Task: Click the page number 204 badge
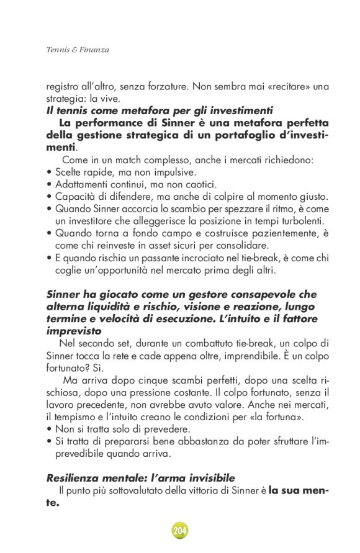[x=180, y=530]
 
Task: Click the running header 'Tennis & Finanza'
[x=78, y=50]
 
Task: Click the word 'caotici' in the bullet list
[x=198, y=184]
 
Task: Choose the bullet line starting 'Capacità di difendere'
[x=186, y=197]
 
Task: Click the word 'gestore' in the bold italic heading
[x=211, y=294]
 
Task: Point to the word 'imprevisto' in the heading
[x=74, y=331]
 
